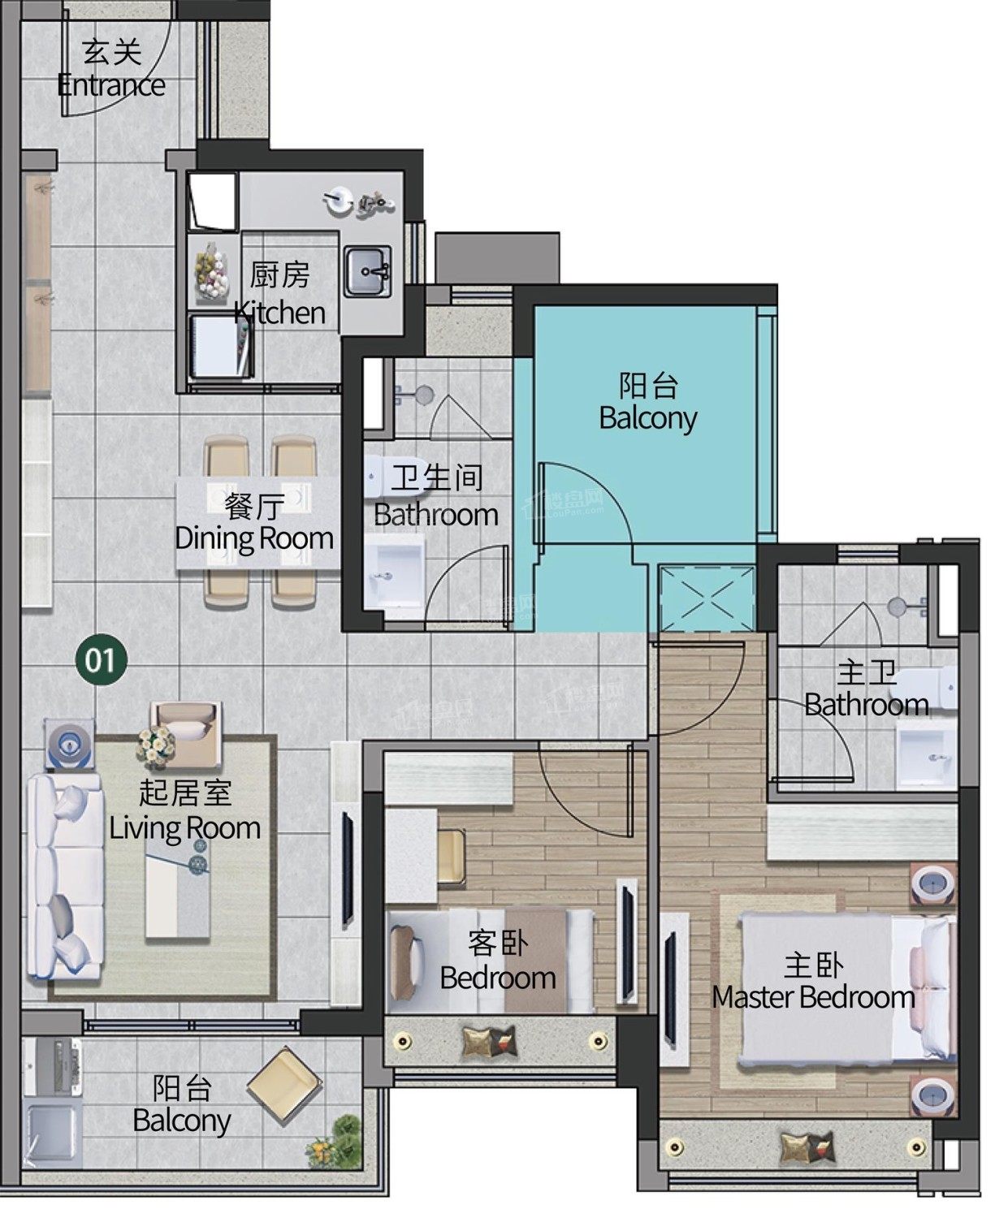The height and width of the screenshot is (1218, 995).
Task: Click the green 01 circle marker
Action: coord(101,659)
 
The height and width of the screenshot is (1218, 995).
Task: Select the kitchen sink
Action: coord(367,271)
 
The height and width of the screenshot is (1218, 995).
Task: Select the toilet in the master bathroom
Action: coord(924,687)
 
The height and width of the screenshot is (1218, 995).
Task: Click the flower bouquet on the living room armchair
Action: coord(155,747)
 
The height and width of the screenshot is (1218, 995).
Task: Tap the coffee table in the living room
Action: coord(177,891)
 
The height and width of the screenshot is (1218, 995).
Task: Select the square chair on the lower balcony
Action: coord(283,1086)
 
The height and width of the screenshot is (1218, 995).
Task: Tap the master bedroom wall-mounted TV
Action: coord(670,988)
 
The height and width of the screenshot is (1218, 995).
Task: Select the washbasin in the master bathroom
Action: coord(926,758)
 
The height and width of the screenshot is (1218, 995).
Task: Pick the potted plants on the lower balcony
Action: coord(335,1143)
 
